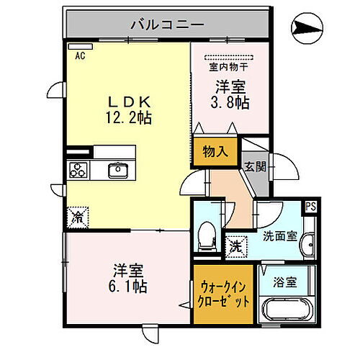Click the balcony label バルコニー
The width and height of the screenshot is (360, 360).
point(167,24)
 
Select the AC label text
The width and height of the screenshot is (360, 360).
point(79,55)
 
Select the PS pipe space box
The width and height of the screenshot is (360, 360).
point(310,206)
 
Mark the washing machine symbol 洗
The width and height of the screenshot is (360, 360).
point(235,246)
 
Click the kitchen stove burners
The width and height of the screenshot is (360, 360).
point(78,171)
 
